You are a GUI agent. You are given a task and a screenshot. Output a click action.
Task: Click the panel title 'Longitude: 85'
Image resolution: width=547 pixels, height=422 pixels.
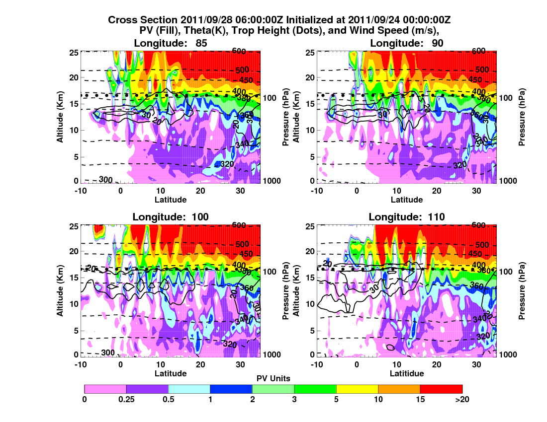[x=170, y=43]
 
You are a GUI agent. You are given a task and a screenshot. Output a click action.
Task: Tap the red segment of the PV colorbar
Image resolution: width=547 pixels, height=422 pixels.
[x=441, y=389]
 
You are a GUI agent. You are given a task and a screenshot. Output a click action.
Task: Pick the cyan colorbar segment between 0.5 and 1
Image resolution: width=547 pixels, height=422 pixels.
[x=189, y=389]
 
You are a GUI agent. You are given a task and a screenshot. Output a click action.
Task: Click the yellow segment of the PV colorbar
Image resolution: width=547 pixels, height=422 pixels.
[x=357, y=389]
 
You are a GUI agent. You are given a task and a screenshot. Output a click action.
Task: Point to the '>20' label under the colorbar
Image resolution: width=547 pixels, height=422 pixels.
[x=461, y=399]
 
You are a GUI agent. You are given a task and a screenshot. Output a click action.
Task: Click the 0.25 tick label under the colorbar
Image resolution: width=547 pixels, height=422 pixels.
[x=126, y=399]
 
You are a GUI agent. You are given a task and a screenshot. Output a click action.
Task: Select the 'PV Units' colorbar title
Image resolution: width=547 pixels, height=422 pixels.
[x=273, y=378]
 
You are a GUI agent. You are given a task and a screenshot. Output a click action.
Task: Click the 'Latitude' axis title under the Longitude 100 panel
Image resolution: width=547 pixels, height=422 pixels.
[x=170, y=373]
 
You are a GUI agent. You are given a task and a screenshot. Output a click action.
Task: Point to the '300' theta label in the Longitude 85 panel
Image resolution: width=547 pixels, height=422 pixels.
[x=105, y=179]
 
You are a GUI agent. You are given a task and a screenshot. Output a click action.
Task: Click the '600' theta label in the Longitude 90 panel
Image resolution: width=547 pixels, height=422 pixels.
[x=478, y=51]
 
